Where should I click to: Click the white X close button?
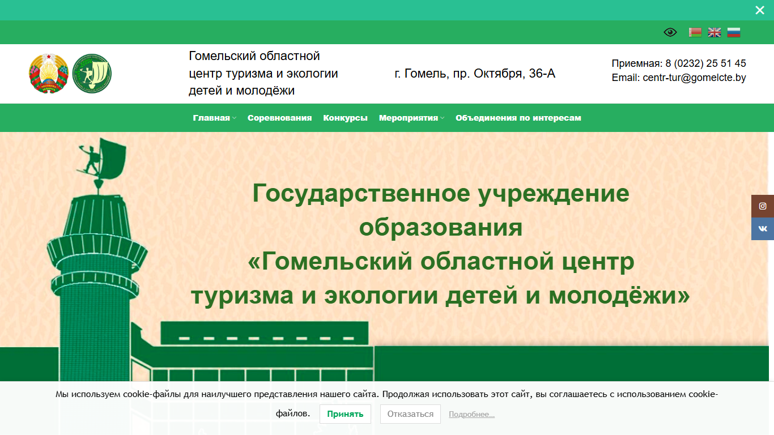pos(759,10)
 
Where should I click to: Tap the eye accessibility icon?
pos(670,32)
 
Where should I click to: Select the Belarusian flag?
pos(695,32)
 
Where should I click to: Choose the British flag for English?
pos(715,32)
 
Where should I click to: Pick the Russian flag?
pos(734,32)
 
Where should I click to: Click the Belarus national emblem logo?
pos(49,73)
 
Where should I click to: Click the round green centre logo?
pos(92,73)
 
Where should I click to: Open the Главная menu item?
pos(211,118)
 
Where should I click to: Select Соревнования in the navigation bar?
pos(279,118)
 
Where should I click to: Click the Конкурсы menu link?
pos(345,118)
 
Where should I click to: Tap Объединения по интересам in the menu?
pos(518,118)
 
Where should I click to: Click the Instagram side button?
pos(763,206)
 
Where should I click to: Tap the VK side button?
pos(763,229)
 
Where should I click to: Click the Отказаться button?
pos(410,414)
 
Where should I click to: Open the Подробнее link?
pos(471,414)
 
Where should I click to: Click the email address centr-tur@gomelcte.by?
pos(694,78)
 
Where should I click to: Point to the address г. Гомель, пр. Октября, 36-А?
pos(475,74)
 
